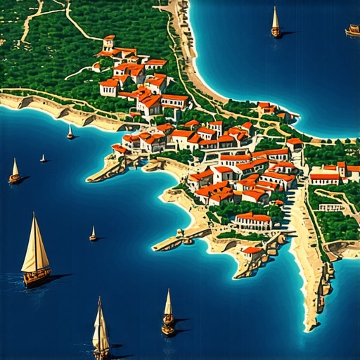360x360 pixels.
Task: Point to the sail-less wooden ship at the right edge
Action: [x=353, y=30]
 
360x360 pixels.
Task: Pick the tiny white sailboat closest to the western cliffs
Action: [x=70, y=133]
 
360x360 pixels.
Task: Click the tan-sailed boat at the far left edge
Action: [x=15, y=172]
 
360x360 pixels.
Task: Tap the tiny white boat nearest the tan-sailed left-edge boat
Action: [x=43, y=158]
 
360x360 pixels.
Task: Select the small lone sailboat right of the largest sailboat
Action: [x=93, y=235]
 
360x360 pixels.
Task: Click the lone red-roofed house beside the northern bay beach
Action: [x=266, y=108]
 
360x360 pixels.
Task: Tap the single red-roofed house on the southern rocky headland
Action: [x=252, y=251]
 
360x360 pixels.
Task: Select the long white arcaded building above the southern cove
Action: [x=254, y=221]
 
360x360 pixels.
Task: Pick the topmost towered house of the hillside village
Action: [x=108, y=42]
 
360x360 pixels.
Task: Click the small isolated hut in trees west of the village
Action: [x=96, y=67]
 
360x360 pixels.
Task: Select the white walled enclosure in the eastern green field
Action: [x=330, y=207]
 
